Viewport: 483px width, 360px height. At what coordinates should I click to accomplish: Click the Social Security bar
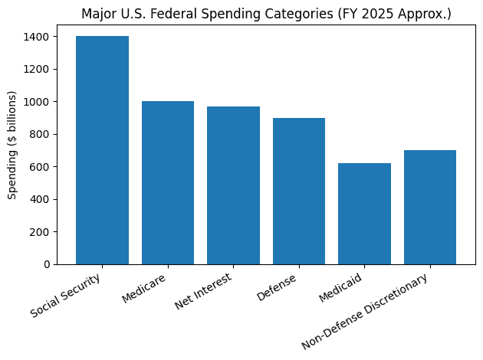tap(102, 150)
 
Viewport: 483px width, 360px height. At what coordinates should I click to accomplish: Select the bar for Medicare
tap(168, 182)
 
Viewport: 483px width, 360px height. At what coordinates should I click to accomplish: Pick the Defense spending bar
tap(299, 191)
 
